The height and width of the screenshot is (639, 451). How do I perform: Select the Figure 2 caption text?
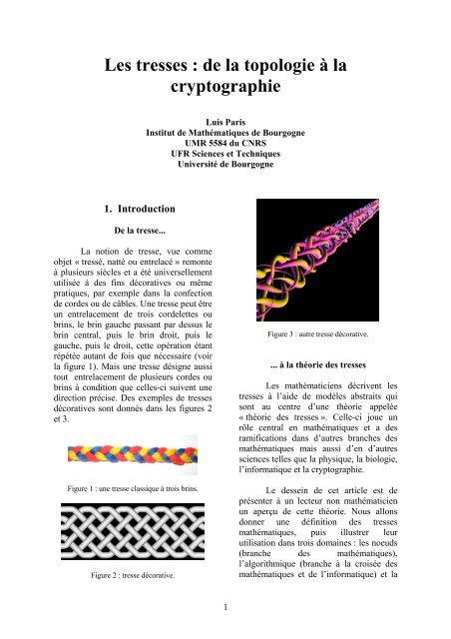coord(119,576)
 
